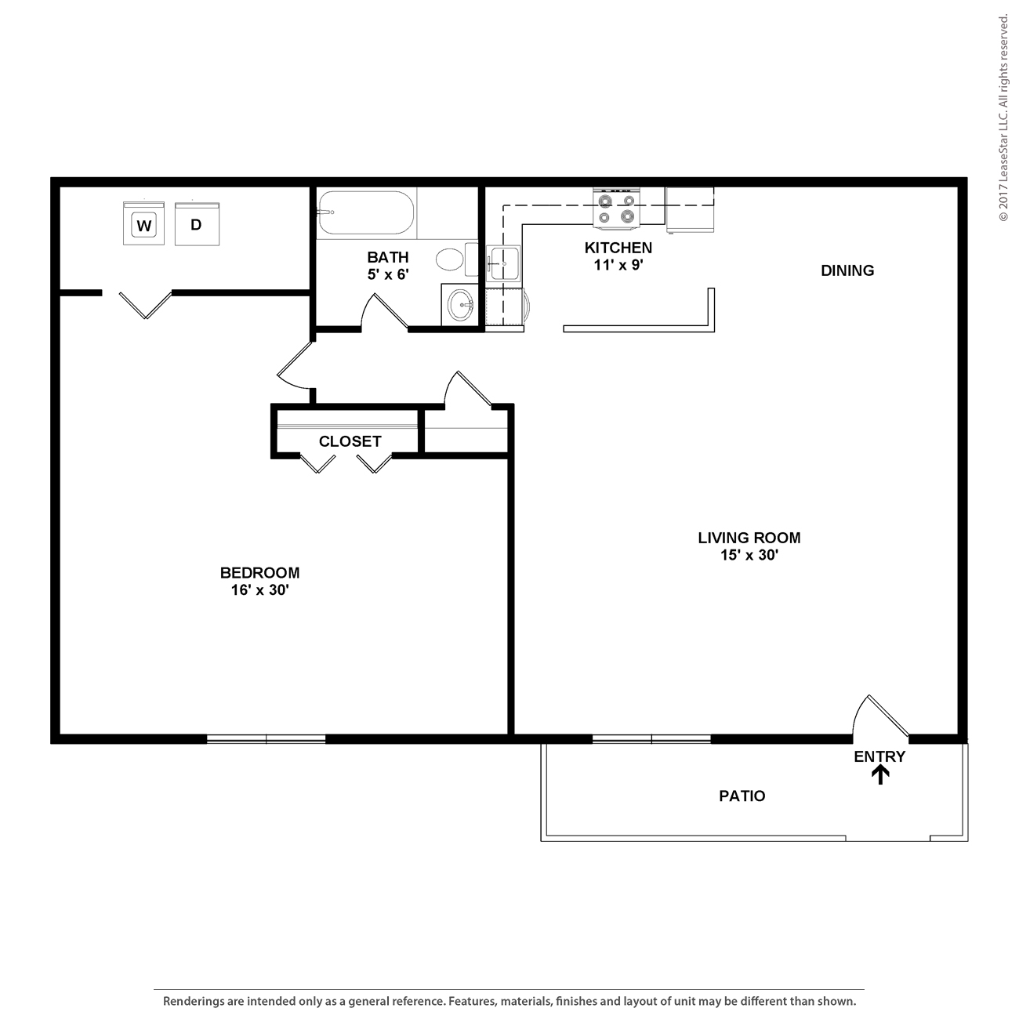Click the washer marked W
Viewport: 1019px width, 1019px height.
pyautogui.click(x=143, y=223)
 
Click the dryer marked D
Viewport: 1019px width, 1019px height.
pyautogui.click(x=197, y=223)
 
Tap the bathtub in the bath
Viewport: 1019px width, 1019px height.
pyautogui.click(x=366, y=212)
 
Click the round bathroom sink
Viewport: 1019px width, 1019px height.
pyautogui.click(x=460, y=305)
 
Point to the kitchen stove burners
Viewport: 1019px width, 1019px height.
pyautogui.click(x=616, y=209)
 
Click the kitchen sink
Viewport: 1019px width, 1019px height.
pyautogui.click(x=503, y=263)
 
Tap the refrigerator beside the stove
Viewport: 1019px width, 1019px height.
pyautogui.click(x=690, y=209)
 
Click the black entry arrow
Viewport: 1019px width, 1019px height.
pyautogui.click(x=880, y=776)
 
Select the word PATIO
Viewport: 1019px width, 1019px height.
pyautogui.click(x=742, y=796)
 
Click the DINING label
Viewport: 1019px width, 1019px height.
pyautogui.click(x=847, y=270)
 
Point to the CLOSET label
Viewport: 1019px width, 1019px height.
pyautogui.click(x=350, y=441)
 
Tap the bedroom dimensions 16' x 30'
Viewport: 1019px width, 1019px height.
pyautogui.click(x=259, y=590)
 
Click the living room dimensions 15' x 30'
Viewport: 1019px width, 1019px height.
pyautogui.click(x=749, y=555)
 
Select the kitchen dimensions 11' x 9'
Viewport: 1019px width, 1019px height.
pyautogui.click(x=618, y=265)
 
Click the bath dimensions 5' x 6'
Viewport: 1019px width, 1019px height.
pyautogui.click(x=388, y=274)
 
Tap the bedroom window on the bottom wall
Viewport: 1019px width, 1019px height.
pyautogui.click(x=266, y=738)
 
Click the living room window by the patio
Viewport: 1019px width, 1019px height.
pyautogui.click(x=651, y=738)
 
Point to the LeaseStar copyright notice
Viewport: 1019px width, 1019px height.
pyautogui.click(x=1003, y=118)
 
